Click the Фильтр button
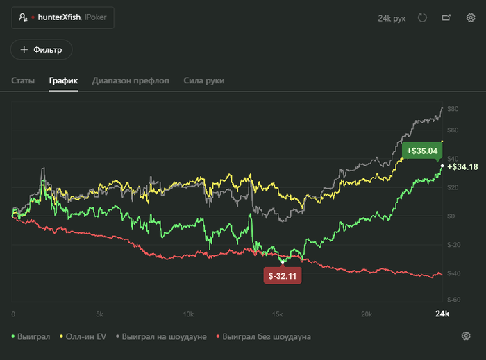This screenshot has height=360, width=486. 41,49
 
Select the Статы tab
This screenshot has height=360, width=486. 23,80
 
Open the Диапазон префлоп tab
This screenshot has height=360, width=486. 131,80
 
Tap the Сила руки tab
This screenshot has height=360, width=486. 204,80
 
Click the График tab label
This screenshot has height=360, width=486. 63,80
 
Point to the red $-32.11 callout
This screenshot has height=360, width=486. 283,275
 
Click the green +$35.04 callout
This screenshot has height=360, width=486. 422,151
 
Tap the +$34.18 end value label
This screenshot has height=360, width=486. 462,167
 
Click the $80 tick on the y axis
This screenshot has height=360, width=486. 453,109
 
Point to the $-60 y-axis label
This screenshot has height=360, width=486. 454,300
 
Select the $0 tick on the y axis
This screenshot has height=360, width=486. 451,216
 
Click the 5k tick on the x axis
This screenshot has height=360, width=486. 99,314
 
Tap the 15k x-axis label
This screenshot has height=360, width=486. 278,314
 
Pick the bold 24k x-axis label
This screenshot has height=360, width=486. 442,314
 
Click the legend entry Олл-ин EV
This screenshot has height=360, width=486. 83,337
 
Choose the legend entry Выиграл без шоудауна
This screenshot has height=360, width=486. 263,337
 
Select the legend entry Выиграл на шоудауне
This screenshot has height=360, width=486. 161,337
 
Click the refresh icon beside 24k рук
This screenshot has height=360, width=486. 422,17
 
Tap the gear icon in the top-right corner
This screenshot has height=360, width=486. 471,17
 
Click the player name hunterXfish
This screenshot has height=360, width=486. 59,17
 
